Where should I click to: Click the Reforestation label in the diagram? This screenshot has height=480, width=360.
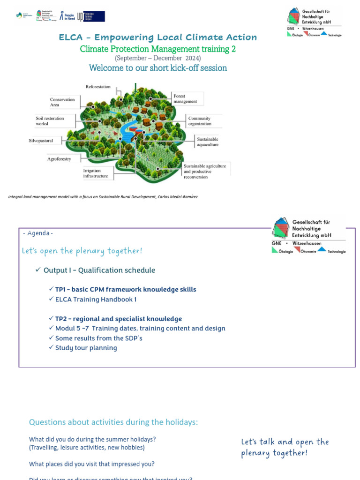click(x=98, y=87)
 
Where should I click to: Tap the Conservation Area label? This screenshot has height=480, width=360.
click(x=62, y=102)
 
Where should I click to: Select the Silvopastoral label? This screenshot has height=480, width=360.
click(x=41, y=141)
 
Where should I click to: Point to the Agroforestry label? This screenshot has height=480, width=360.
click(x=59, y=159)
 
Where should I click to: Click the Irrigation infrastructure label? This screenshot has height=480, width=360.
click(x=96, y=173)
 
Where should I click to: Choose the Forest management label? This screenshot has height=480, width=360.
click(x=185, y=99)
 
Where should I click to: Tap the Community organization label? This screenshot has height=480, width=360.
click(x=200, y=121)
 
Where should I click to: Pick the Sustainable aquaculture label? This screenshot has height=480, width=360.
click(x=208, y=142)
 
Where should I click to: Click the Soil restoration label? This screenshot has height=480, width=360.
click(x=50, y=121)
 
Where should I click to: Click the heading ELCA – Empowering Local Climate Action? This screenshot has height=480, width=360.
click(x=157, y=37)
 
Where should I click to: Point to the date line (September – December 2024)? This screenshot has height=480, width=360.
click(x=157, y=58)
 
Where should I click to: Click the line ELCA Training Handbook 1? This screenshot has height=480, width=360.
click(x=96, y=299)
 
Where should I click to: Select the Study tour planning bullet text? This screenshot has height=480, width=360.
click(x=86, y=348)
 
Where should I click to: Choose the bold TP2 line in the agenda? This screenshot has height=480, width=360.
click(x=118, y=319)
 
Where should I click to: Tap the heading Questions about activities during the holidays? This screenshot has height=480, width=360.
click(x=113, y=422)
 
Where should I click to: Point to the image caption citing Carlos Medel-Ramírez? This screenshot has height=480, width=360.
click(x=103, y=197)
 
